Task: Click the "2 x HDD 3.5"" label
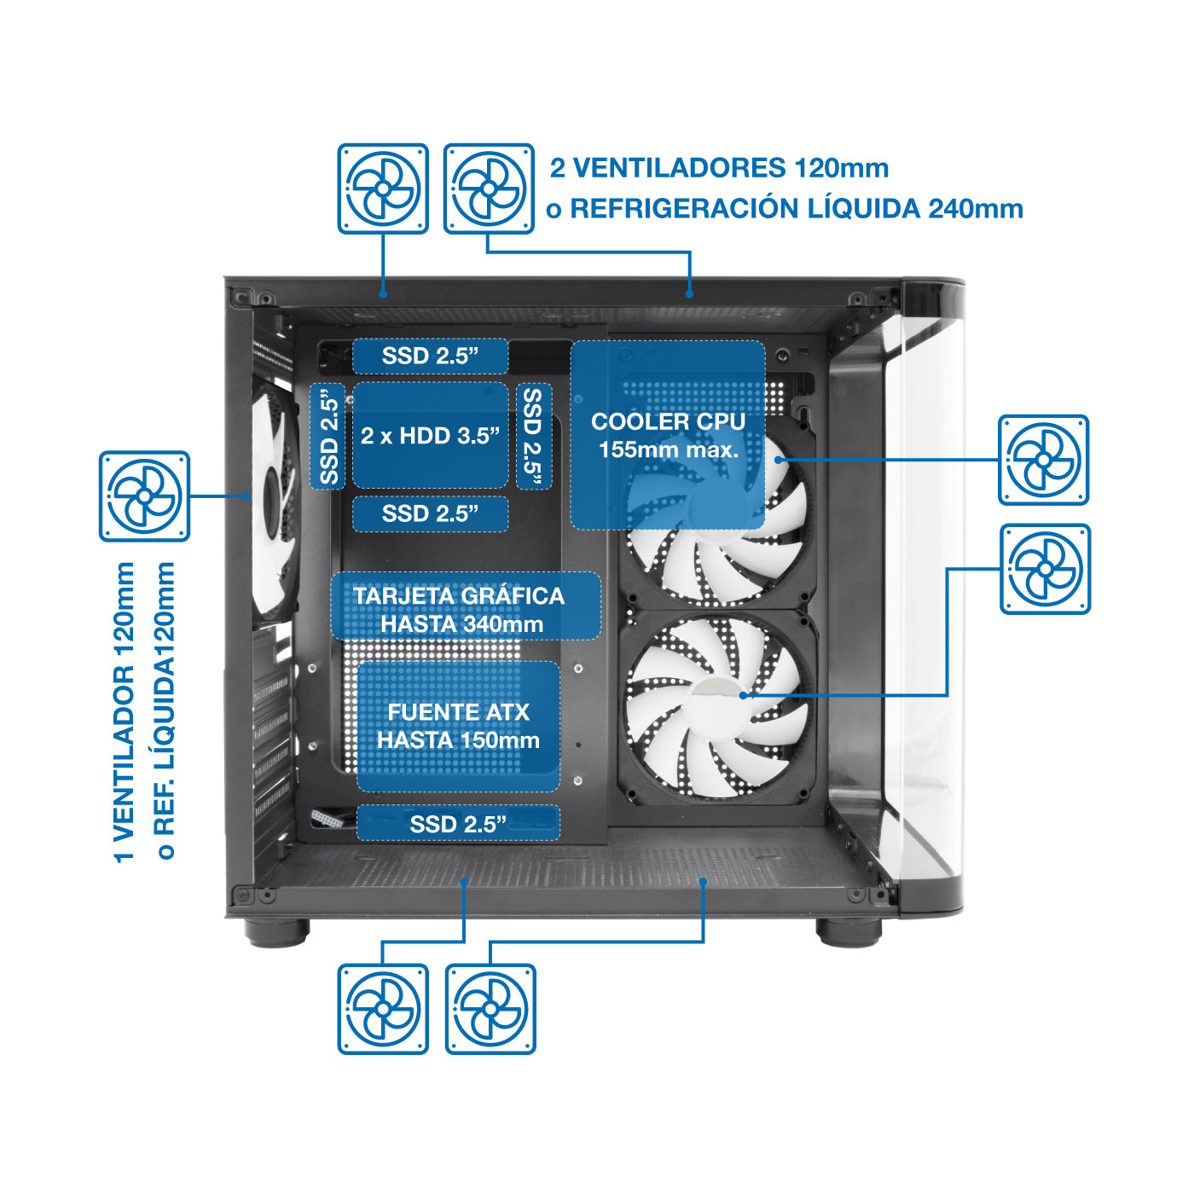coord(430,436)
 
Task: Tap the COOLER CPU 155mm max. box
coord(667,435)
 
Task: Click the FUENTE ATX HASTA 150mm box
coord(459,726)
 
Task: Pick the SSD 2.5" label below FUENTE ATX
coord(459,824)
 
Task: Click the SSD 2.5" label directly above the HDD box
coord(430,356)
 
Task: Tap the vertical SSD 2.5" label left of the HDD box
coord(327,436)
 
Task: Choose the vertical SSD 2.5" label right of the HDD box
coord(534,436)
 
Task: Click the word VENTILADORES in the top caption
coord(679,168)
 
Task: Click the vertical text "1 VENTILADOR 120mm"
coord(125,712)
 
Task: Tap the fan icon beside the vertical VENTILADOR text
coord(144,496)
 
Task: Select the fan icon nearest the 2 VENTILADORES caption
coord(489,188)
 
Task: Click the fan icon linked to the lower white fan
coord(1046,569)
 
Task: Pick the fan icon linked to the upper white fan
coord(1043,460)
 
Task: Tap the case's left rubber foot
coord(276,932)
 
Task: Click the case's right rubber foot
coord(849,932)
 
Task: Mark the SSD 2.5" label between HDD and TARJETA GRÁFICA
coord(430,513)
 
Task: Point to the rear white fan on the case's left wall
coord(275,501)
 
